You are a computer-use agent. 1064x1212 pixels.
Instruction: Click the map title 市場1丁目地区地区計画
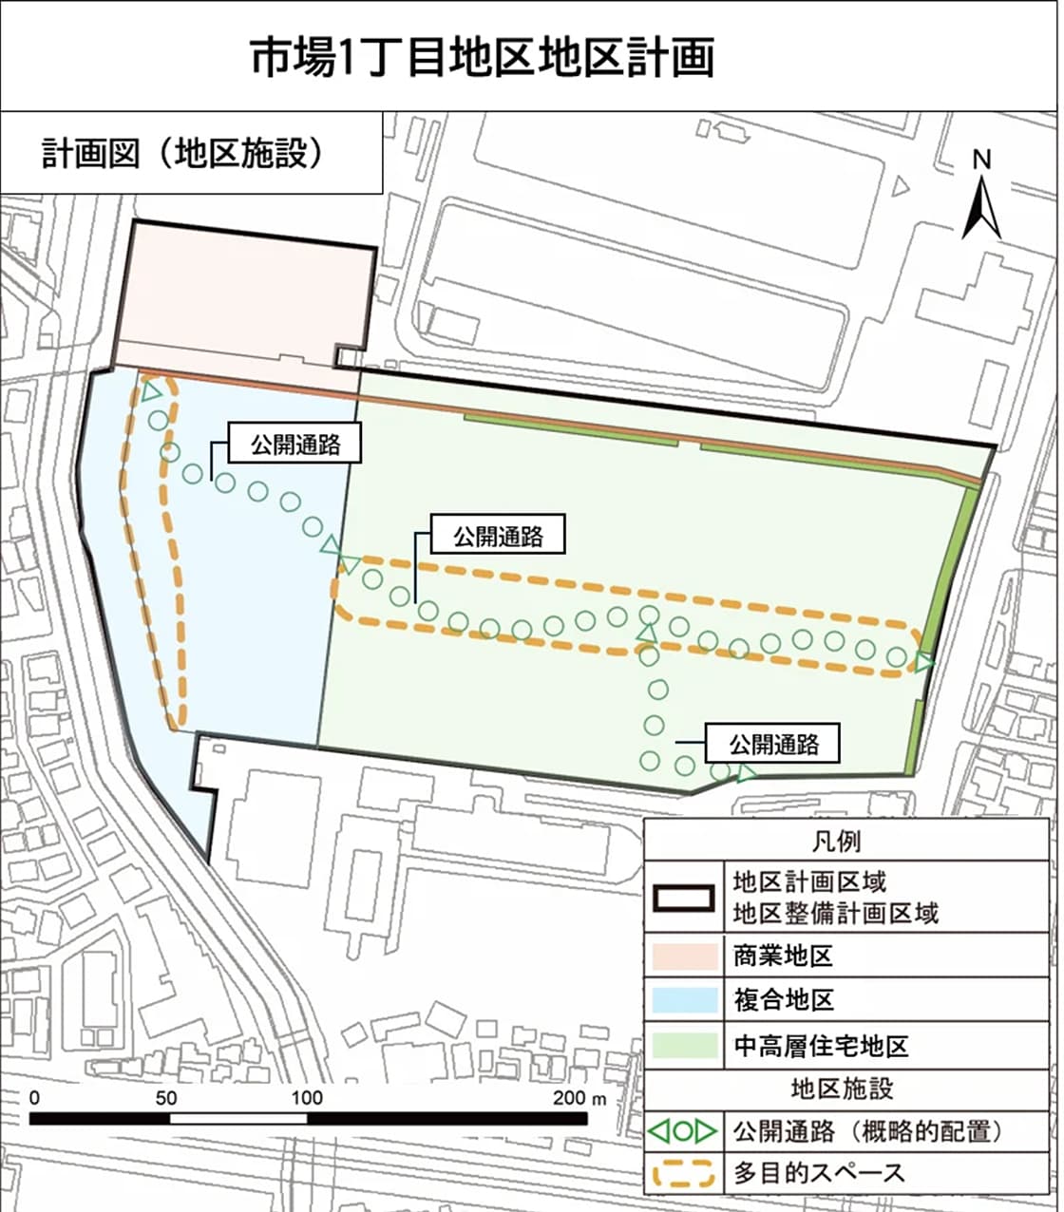coord(483,57)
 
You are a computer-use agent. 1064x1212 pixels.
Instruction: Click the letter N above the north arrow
coord(982,160)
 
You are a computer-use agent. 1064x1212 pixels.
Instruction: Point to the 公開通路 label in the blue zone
coord(295,444)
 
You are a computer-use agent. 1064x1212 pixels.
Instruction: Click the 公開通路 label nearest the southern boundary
coord(773,743)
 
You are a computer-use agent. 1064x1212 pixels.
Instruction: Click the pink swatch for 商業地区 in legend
coord(684,955)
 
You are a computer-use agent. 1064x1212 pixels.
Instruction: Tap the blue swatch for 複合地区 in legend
coord(684,999)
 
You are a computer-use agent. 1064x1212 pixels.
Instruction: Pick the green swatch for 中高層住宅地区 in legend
coord(684,1045)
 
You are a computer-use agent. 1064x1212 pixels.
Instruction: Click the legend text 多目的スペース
coord(819,1173)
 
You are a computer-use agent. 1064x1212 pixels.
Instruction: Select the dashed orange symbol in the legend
coord(684,1174)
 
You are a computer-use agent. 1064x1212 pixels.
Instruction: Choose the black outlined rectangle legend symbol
coord(684,898)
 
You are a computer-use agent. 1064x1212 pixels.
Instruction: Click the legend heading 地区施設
coord(842,1088)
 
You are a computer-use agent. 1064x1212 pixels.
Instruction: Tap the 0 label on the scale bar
coord(34,1098)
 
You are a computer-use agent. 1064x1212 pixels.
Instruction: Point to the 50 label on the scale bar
coord(166,1098)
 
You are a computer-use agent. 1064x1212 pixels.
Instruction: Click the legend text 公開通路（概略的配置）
coord(868,1131)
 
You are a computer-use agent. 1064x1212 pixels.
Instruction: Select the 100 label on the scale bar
coord(307,1098)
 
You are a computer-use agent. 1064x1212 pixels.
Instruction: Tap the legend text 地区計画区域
coord(809,881)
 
